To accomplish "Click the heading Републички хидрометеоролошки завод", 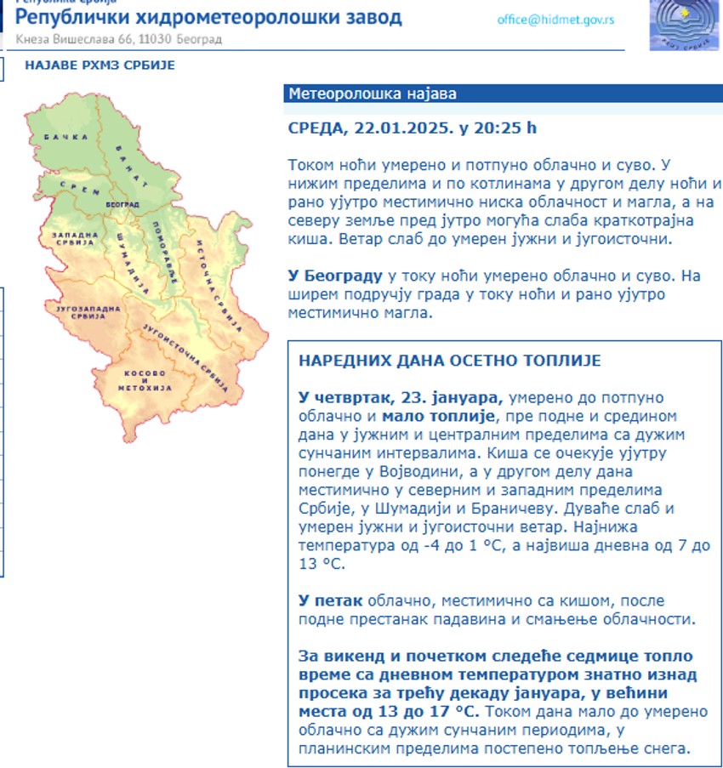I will click(208, 18).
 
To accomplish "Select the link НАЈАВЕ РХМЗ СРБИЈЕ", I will click(100, 65).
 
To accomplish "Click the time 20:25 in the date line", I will click(507, 128).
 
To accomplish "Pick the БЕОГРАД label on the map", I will click(124, 206).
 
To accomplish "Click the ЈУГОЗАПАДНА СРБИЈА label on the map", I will click(82, 310).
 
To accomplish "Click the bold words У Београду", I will click(335, 276).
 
